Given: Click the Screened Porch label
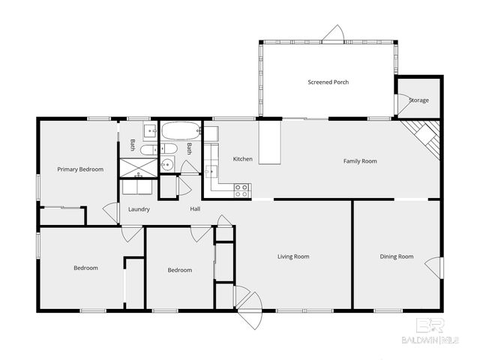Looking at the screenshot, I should tap(328, 82).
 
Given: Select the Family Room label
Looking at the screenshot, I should tap(359, 161).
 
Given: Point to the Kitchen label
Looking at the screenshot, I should tap(242, 159).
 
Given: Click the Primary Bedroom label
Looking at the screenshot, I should tap(80, 169).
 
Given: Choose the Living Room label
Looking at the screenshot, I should tap(293, 256).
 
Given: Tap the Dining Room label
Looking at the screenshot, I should tap(396, 256).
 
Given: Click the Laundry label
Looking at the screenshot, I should tap(139, 209).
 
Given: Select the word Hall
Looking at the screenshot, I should tap(195, 209).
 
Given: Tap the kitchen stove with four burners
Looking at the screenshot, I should tap(242, 190).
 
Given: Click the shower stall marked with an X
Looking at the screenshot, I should tap(139, 166).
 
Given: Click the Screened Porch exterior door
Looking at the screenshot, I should tap(332, 34).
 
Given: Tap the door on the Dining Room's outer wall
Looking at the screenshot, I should tap(434, 266).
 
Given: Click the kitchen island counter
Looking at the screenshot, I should tap(270, 142).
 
